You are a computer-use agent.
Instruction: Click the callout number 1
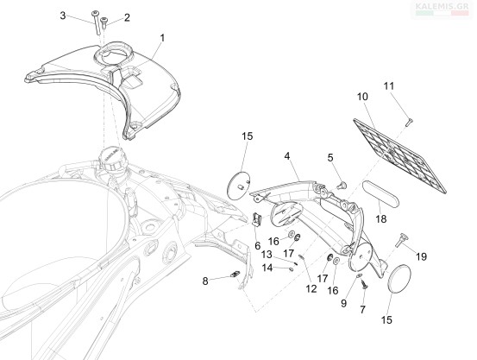[162, 38]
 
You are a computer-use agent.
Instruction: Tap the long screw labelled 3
[97, 23]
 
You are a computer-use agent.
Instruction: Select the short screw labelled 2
[104, 23]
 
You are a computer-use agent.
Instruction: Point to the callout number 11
[388, 86]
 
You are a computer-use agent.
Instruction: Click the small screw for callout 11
[408, 122]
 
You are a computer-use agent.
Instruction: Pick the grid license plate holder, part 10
[399, 155]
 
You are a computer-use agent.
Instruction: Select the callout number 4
[287, 156]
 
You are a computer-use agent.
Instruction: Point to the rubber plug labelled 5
[342, 185]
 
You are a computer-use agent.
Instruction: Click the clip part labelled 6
[257, 219]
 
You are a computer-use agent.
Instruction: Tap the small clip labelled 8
[235, 275]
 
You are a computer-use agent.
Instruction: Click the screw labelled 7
[363, 284]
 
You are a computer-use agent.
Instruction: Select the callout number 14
[267, 268]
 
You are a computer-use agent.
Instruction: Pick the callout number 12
[311, 288]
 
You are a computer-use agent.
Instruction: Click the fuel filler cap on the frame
[110, 160]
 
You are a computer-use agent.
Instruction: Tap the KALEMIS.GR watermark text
[442, 6]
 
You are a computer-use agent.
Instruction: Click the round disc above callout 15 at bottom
[399, 279]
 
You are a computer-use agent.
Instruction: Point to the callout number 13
[267, 254]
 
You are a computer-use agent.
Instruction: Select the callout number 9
[344, 303]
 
